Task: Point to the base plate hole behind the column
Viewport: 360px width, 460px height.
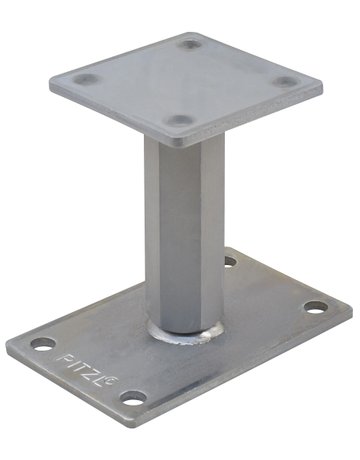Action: (x=229, y=262)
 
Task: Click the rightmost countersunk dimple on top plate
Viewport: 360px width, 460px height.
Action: (x=286, y=82)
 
